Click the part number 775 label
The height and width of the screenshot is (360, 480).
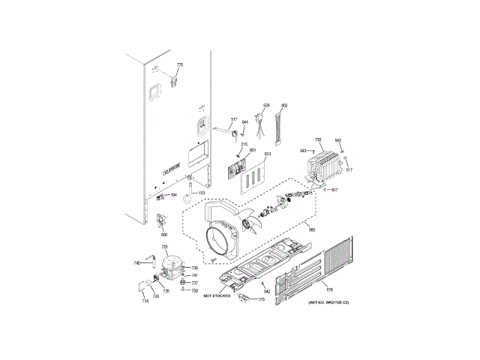click(179, 66)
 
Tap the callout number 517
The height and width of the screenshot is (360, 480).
click(233, 120)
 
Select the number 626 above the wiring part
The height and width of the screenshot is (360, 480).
click(265, 106)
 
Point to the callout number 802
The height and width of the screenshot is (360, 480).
click(284, 106)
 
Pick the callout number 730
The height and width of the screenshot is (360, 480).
click(318, 140)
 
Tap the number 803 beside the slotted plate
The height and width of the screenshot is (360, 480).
click(268, 154)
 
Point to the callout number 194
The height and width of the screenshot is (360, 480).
click(174, 195)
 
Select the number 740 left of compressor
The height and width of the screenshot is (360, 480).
click(137, 262)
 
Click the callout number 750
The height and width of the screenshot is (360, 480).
click(193, 290)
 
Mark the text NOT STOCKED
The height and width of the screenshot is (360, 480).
click(216, 296)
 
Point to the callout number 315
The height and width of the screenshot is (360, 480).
click(261, 299)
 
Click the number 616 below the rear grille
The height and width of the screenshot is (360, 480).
click(328, 288)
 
